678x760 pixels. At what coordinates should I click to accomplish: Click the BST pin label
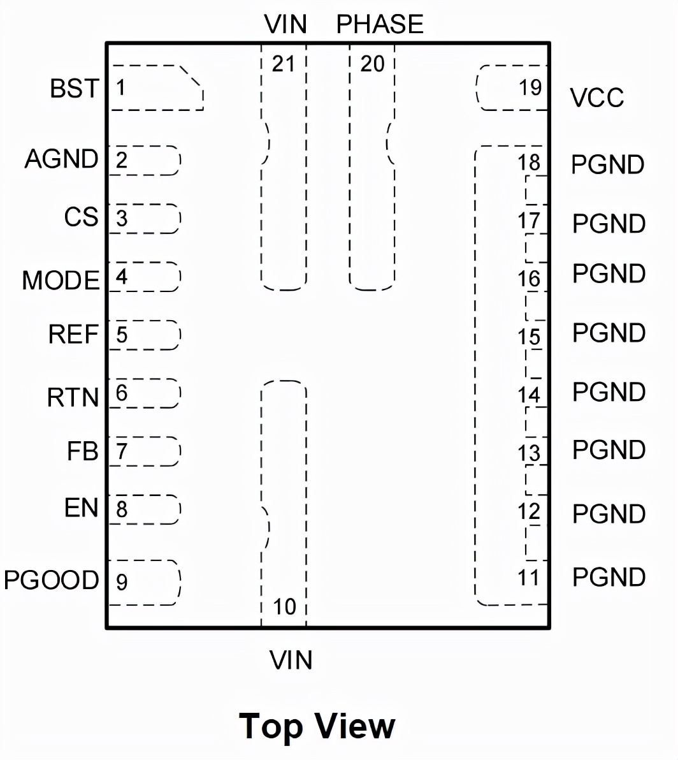click(75, 89)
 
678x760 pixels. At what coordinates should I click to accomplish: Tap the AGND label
click(61, 159)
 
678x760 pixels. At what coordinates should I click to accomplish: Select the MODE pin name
click(61, 281)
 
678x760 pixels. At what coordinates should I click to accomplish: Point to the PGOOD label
click(52, 580)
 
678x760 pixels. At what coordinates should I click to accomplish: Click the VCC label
click(597, 98)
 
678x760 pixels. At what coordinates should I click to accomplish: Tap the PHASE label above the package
click(380, 25)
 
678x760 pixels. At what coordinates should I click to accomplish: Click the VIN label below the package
click(291, 660)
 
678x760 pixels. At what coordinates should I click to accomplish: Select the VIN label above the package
click(285, 25)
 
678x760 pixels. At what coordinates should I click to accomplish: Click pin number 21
click(284, 64)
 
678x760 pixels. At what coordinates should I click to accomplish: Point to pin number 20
click(373, 64)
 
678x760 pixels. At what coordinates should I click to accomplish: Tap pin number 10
click(285, 606)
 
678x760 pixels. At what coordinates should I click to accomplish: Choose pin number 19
click(530, 87)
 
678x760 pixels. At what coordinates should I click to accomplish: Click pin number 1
click(120, 87)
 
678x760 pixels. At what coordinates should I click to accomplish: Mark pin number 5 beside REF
click(122, 335)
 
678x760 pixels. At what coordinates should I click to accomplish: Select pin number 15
click(529, 337)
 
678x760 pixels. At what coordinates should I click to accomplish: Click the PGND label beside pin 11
click(609, 577)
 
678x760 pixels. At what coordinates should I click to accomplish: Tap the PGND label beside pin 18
click(607, 165)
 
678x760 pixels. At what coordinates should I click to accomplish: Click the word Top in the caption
click(271, 726)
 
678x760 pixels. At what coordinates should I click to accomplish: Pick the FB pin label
click(83, 451)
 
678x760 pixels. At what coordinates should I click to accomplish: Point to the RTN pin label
click(73, 398)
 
